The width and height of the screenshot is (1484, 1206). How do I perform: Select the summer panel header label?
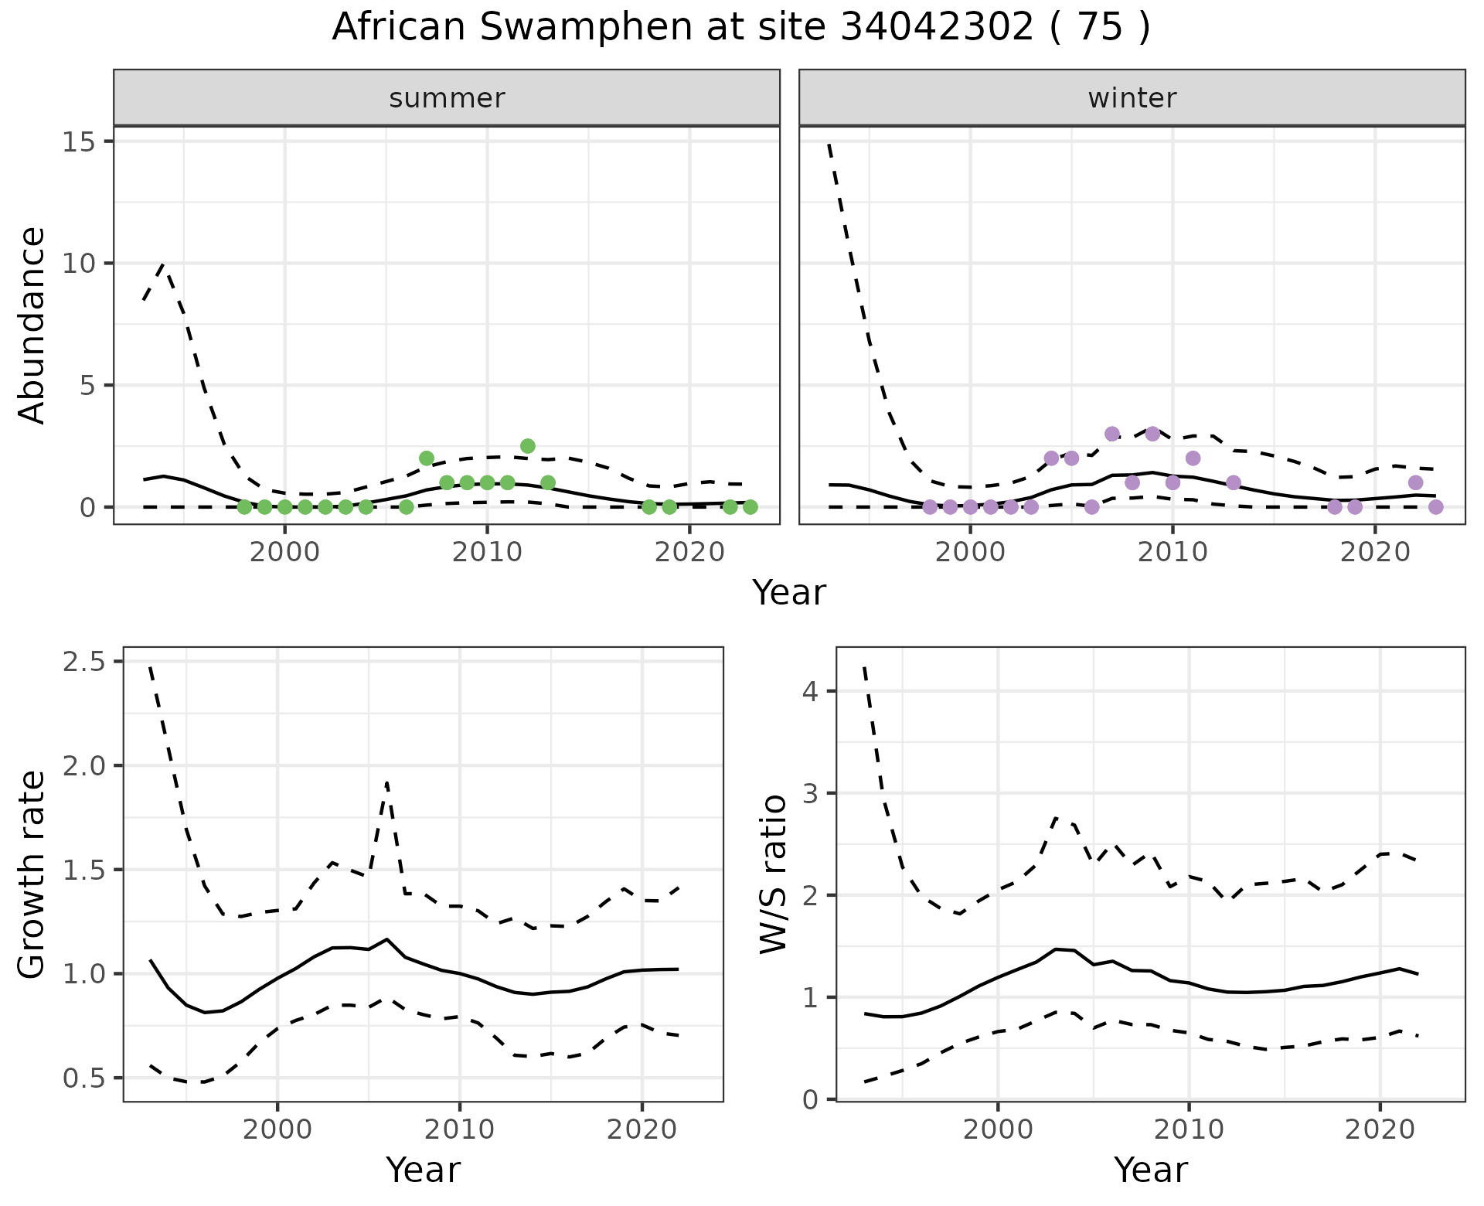pos(447,98)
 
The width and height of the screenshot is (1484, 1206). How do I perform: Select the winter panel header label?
pos(1132,98)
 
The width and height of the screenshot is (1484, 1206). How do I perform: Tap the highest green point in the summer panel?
pos(528,446)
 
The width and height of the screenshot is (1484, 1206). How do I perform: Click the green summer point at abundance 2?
pos(427,458)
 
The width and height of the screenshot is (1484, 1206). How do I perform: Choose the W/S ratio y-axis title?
pos(774,874)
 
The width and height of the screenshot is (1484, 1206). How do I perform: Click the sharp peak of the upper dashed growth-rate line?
pos(386,782)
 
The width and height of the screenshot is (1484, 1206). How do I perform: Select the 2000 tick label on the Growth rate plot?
pos(278,1129)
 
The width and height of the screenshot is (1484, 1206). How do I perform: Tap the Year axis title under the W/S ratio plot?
pos(1150,1170)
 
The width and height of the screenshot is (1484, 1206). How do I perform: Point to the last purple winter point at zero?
pos(1435,507)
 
